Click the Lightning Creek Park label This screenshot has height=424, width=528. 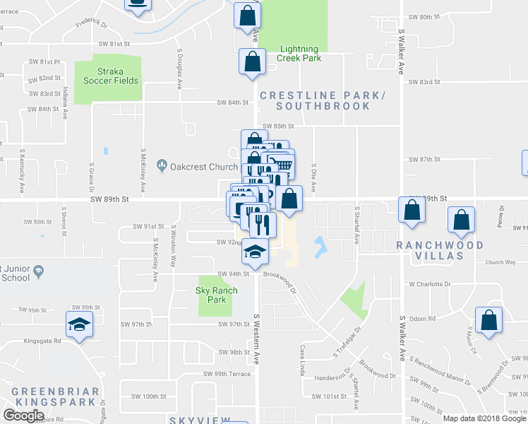[300, 54]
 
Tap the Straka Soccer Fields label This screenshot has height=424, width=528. [107, 76]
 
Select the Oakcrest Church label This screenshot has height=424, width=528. [193, 167]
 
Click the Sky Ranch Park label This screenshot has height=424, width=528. [211, 295]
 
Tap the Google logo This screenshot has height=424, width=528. [23, 416]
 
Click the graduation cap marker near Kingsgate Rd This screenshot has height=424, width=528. [79, 324]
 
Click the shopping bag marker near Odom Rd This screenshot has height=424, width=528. [488, 321]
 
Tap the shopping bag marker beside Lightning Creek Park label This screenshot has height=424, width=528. [252, 62]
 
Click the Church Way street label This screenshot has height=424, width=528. [500, 262]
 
